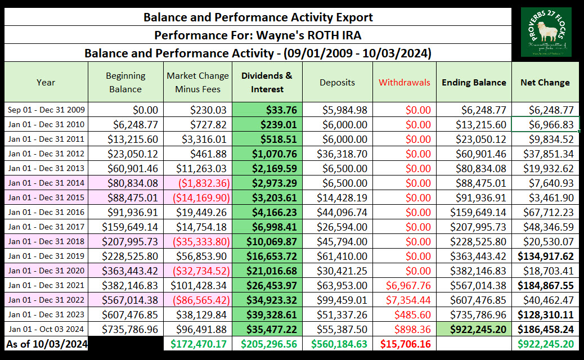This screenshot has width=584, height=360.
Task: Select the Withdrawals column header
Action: tap(404, 82)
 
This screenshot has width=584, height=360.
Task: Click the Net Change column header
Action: tap(545, 82)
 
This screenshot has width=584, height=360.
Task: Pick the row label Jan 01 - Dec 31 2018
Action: tap(46, 241)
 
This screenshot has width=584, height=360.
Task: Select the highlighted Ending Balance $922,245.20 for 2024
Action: tap(474, 329)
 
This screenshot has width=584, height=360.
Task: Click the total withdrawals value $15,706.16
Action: tap(404, 344)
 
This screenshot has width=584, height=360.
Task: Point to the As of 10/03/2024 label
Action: tap(46, 344)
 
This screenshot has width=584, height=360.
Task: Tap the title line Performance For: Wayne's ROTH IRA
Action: tap(258, 35)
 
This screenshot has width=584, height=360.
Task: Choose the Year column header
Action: tap(46, 82)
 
